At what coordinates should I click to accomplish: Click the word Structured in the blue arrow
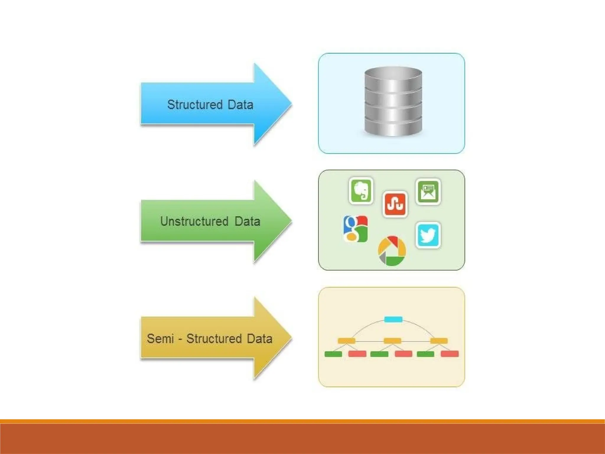pos(195,105)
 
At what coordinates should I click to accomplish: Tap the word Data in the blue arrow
pos(240,105)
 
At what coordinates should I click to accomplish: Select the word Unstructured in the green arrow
pos(194,221)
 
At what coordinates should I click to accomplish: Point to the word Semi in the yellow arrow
pos(160,338)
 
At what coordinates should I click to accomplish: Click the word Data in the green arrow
pos(247,221)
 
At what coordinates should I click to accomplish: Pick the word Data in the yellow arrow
pos(259,338)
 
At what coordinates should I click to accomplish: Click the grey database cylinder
pos(393,102)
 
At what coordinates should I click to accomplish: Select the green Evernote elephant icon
pos(361,191)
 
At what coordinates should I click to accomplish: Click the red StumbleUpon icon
pos(395,204)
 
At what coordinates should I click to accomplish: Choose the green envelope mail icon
pos(428,192)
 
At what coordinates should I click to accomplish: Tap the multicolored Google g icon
pos(356,229)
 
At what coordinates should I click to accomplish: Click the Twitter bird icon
pos(428,235)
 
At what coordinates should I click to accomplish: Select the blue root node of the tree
pos(393,319)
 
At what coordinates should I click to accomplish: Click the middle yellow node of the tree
pos(392,341)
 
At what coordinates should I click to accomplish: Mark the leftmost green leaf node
pos(333,354)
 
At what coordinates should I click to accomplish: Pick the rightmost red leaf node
pos(450,354)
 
